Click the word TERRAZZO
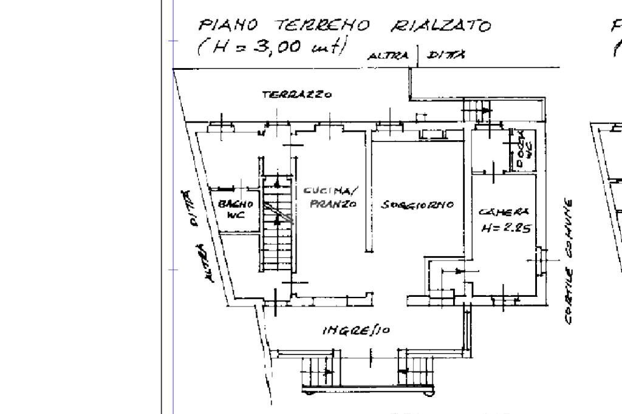click(296, 95)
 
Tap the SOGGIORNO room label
click(417, 205)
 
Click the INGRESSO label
click(356, 330)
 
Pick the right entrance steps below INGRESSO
click(415, 370)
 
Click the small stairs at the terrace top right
click(477, 110)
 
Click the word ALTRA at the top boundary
click(389, 56)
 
